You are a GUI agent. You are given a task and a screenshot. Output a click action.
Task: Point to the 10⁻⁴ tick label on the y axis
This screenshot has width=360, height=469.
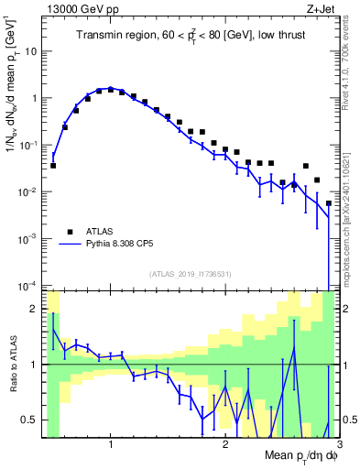[x=29, y=286]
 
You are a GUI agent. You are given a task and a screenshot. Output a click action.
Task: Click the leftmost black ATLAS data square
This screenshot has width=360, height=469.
[x=53, y=166]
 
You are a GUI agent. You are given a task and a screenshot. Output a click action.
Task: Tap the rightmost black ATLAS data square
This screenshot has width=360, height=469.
[x=329, y=203]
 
